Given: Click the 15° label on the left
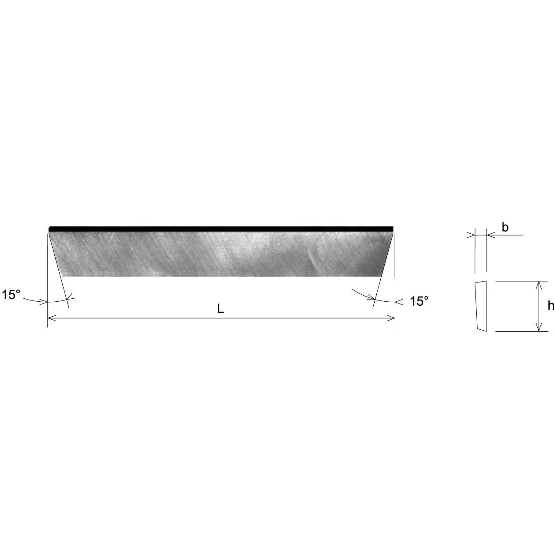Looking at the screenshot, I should tap(11, 295).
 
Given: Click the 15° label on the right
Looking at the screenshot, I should tap(419, 301).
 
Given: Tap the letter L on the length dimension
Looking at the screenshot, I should tap(221, 309).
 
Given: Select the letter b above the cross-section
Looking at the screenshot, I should tap(505, 227).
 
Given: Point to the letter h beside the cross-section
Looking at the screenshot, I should tap(550, 306).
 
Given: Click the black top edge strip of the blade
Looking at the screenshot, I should tap(221, 229).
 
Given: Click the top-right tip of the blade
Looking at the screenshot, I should tap(393, 229).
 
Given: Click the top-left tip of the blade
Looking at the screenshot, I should tap(49, 229).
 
